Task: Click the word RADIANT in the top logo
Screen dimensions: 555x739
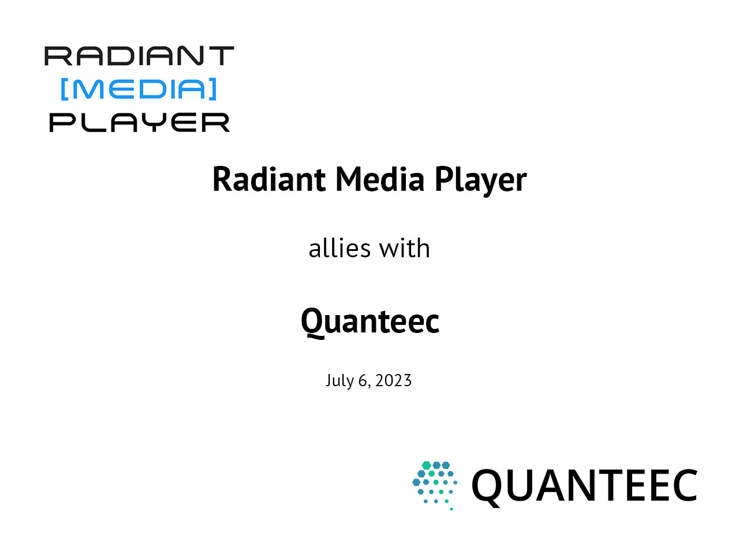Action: pos(139,56)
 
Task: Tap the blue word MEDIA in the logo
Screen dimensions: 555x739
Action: pos(139,89)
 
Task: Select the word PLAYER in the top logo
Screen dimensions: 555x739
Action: pos(139,123)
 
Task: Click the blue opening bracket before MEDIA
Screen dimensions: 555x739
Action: pos(64,89)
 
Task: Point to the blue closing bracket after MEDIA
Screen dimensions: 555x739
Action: pos(213,89)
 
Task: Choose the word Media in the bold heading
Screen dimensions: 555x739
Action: pos(380,179)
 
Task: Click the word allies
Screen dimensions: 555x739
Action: pos(339,249)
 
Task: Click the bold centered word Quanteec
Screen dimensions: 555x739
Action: pos(369,321)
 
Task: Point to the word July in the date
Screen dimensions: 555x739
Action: pos(339,381)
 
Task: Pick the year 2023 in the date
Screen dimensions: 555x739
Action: pos(393,380)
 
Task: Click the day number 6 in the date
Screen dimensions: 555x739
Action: pos(363,380)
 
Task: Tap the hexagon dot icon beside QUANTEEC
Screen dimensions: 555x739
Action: pos(435,484)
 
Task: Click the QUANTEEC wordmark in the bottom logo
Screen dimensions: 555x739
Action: pos(584,486)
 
